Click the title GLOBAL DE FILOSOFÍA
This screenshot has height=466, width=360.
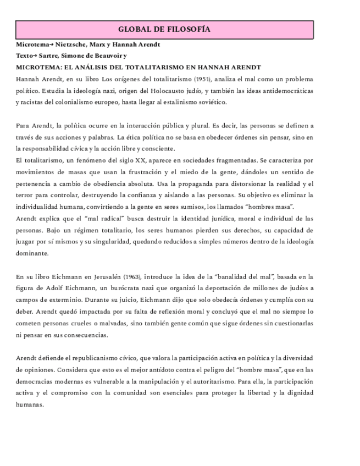click(164, 30)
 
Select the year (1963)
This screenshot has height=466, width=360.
click(136, 276)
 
